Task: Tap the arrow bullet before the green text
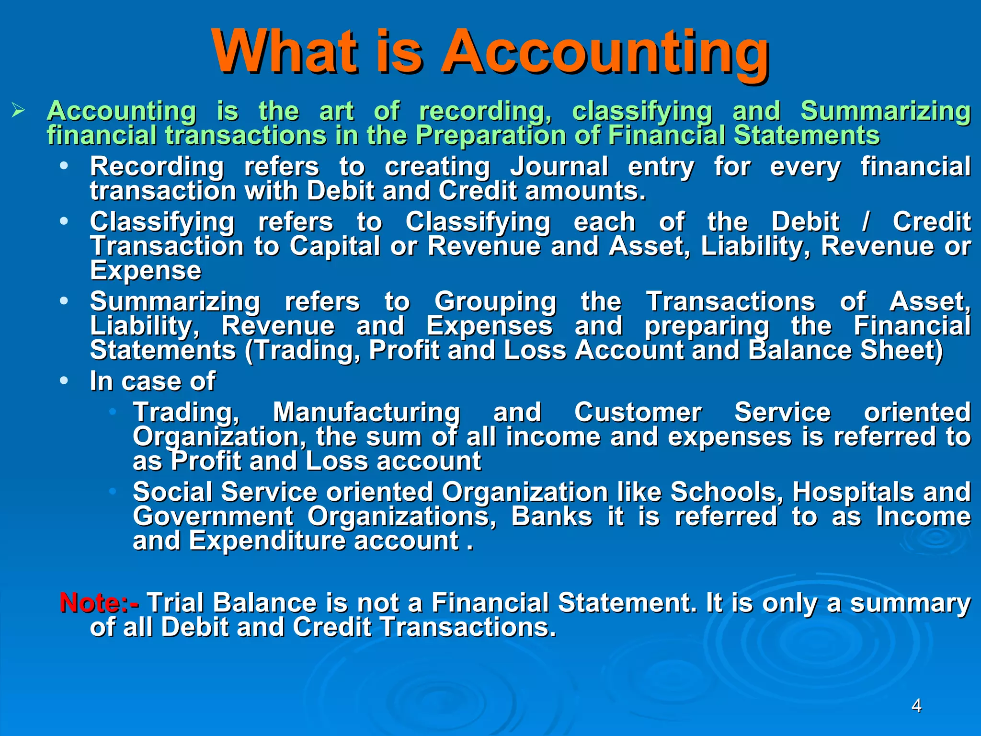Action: (18, 112)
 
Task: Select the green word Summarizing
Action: (885, 112)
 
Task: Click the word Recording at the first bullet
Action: (157, 167)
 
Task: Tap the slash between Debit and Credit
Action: (865, 222)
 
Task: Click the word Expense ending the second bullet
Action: (146, 271)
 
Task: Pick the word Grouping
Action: (495, 302)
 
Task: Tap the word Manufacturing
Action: (366, 413)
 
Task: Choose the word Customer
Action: (638, 413)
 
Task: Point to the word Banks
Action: (551, 517)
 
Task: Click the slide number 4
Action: (916, 706)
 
